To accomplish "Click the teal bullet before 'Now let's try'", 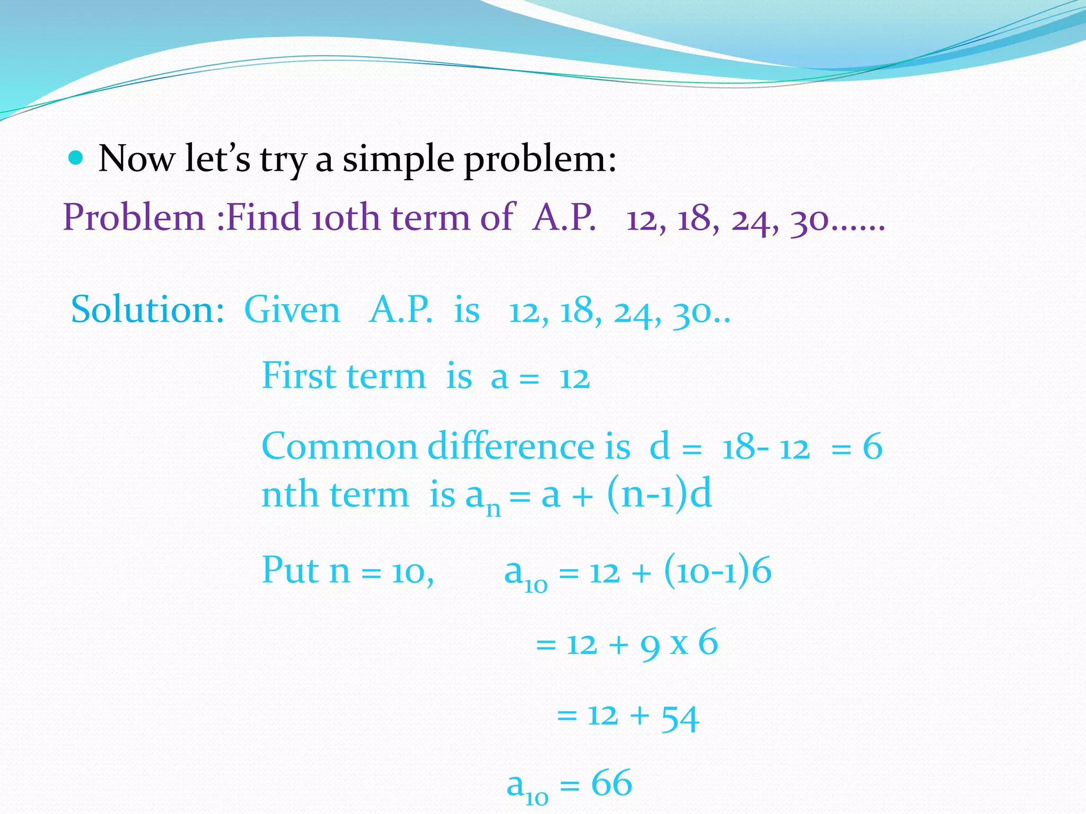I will [x=76, y=158].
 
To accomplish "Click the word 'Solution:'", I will [x=147, y=310].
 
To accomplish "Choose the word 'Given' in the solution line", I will [x=292, y=310].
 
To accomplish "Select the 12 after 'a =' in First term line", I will [x=574, y=379].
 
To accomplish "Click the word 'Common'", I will [x=339, y=446].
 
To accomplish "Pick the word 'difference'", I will [x=511, y=446].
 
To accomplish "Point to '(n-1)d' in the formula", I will [x=659, y=494].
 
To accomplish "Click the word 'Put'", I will [x=291, y=571].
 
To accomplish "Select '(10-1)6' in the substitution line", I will [x=717, y=571].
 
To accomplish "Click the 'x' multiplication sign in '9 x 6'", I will [x=679, y=644].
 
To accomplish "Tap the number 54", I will [x=680, y=718].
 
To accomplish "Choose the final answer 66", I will [x=611, y=784].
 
